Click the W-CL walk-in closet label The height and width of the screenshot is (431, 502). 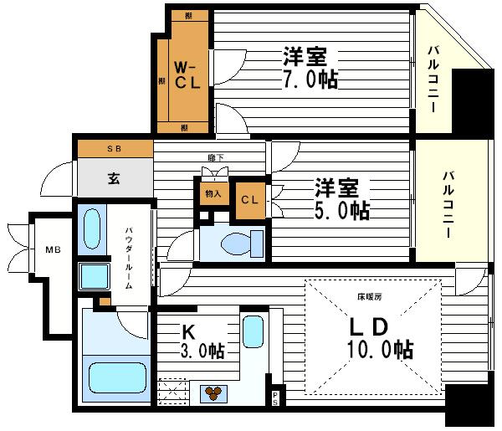tap(186, 74)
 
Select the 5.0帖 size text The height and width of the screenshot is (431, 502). tap(342, 209)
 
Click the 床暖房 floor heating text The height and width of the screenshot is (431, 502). tap(370, 297)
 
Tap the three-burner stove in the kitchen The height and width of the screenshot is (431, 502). tap(214, 392)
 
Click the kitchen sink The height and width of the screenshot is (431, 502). tap(253, 331)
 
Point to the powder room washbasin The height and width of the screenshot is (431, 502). tap(92, 228)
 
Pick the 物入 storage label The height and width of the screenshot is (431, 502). tap(213, 194)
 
